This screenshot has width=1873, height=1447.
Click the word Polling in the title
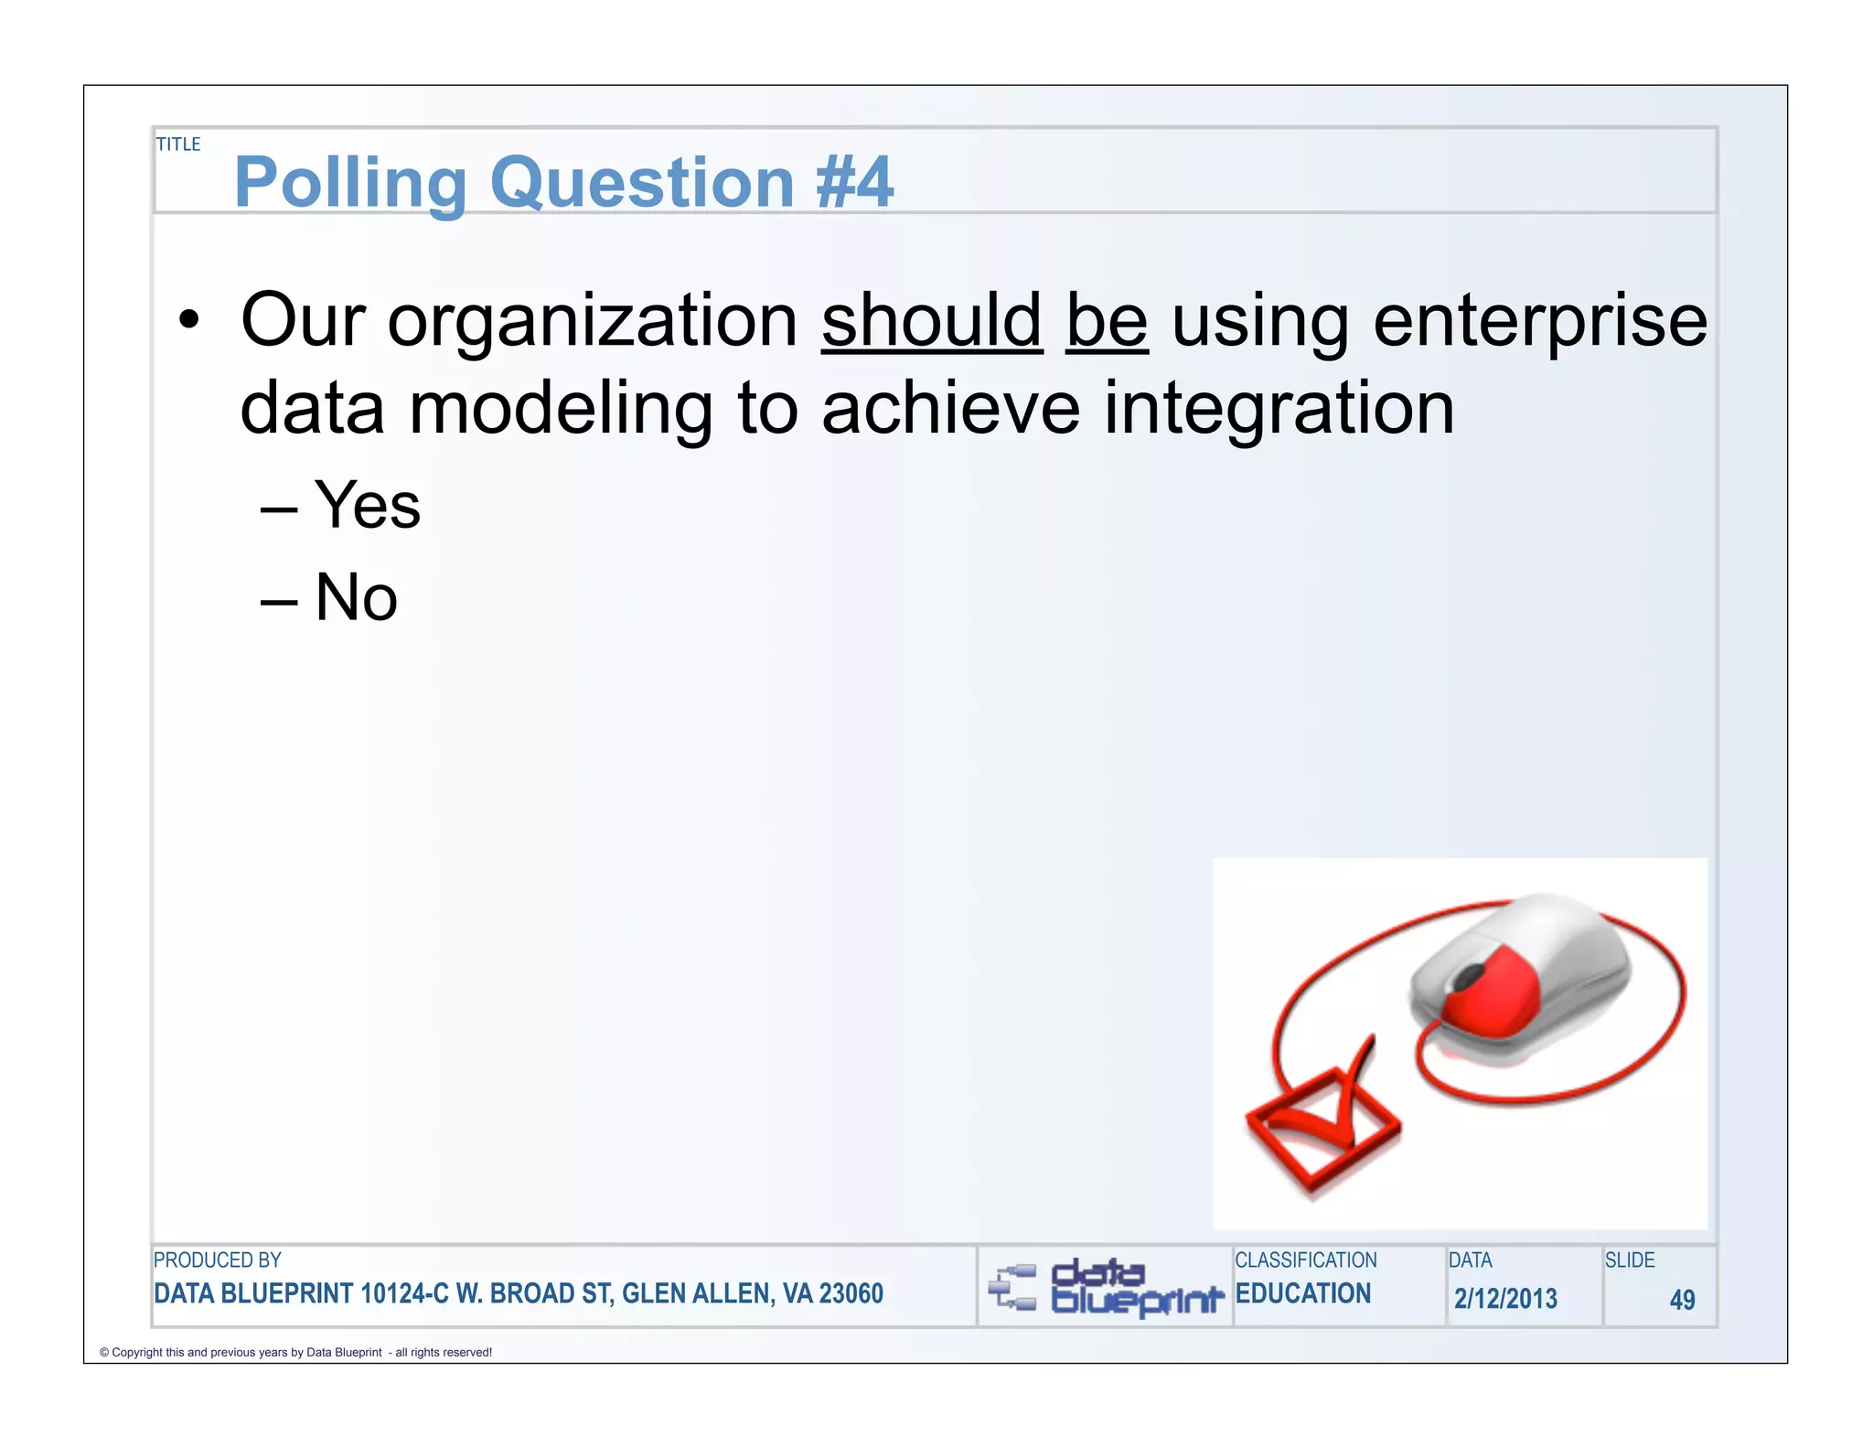tap(350, 183)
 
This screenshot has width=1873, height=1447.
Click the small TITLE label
tap(177, 145)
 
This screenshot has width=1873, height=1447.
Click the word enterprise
tap(1539, 322)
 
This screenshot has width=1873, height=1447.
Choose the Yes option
tap(368, 505)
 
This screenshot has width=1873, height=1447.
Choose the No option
tap(356, 597)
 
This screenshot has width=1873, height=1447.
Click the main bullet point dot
tap(188, 321)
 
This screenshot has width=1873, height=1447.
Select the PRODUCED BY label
tap(218, 1259)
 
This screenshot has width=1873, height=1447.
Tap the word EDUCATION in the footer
tap(1302, 1293)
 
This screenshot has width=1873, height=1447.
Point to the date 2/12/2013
tap(1505, 1298)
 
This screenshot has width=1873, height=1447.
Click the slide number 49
tap(1681, 1299)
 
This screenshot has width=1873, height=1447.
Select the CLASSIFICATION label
tap(1305, 1259)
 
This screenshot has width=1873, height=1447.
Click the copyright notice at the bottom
tap(295, 1352)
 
